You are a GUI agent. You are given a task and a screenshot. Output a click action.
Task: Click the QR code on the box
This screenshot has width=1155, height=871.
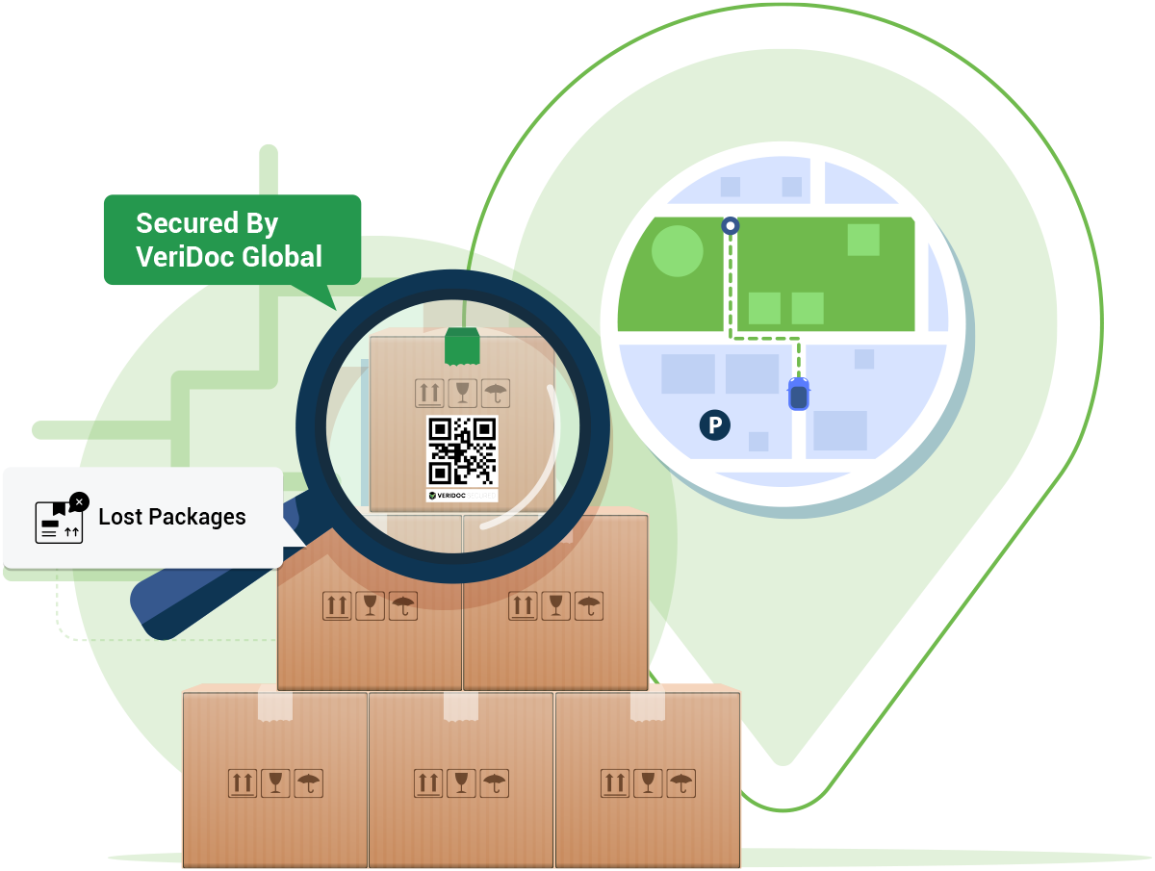(x=462, y=450)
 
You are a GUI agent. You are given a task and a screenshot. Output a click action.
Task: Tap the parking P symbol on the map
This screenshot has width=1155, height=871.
(x=714, y=424)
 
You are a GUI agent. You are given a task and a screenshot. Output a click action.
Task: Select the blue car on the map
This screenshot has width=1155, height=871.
(x=799, y=394)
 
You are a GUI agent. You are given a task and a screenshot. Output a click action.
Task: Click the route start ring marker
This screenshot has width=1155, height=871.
(x=731, y=226)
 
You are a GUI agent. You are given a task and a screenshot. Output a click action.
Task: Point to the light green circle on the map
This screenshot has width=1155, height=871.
(x=678, y=250)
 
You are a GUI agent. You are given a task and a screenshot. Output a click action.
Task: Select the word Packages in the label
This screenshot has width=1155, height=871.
(x=198, y=518)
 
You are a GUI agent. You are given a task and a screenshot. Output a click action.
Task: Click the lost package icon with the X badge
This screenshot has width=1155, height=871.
(x=60, y=520)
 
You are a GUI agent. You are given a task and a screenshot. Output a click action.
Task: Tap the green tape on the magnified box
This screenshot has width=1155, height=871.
(x=462, y=346)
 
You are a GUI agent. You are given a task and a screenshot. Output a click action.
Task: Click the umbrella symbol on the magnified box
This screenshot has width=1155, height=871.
(x=496, y=393)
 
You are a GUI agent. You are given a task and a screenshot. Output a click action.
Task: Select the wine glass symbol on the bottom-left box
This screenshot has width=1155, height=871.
(x=275, y=782)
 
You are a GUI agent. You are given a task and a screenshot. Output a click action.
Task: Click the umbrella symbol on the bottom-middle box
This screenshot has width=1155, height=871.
(x=495, y=782)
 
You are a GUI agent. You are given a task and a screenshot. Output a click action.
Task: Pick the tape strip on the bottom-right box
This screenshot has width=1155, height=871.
(x=648, y=705)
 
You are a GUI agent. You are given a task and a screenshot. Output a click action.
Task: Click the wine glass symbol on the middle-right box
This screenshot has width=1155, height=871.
(x=554, y=605)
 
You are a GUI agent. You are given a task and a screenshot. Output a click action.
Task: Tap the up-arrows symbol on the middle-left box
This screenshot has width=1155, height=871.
(x=337, y=605)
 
